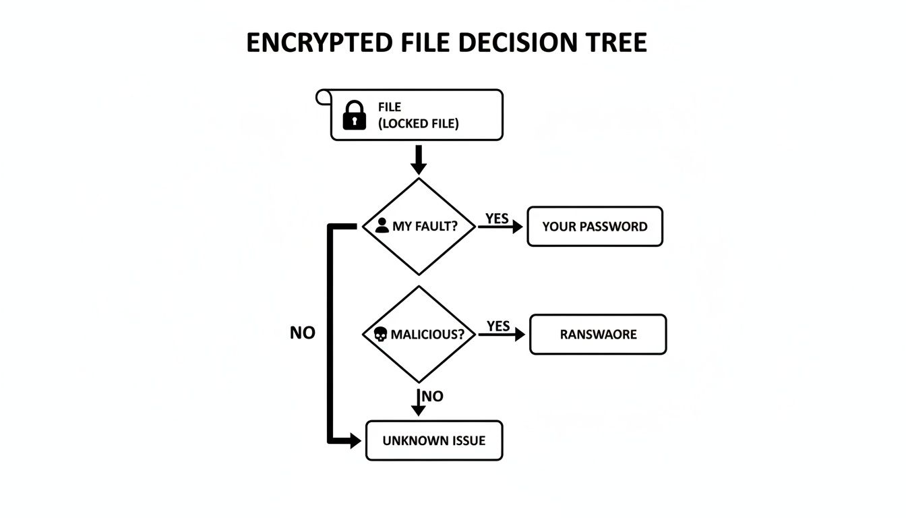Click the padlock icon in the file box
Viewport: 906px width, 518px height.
(x=354, y=115)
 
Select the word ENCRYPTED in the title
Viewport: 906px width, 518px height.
(x=318, y=42)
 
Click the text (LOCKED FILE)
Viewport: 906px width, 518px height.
(x=418, y=123)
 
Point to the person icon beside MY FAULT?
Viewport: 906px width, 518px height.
(x=382, y=226)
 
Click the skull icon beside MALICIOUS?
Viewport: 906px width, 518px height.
(x=380, y=335)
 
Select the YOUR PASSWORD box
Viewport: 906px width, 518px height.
(x=595, y=227)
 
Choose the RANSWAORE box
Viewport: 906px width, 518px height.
(x=598, y=335)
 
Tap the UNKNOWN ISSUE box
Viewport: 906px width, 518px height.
(x=433, y=440)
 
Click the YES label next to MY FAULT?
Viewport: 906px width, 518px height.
(x=497, y=218)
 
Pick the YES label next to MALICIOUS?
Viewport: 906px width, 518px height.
(x=498, y=326)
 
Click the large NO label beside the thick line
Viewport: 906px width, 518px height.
(x=303, y=333)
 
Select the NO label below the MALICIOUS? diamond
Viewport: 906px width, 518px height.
(x=433, y=396)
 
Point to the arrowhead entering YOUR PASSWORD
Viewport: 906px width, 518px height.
(x=517, y=227)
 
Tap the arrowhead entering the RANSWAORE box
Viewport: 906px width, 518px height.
(x=519, y=335)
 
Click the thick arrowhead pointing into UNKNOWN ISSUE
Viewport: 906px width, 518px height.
(x=355, y=442)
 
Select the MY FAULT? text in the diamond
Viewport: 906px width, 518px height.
(x=425, y=227)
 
